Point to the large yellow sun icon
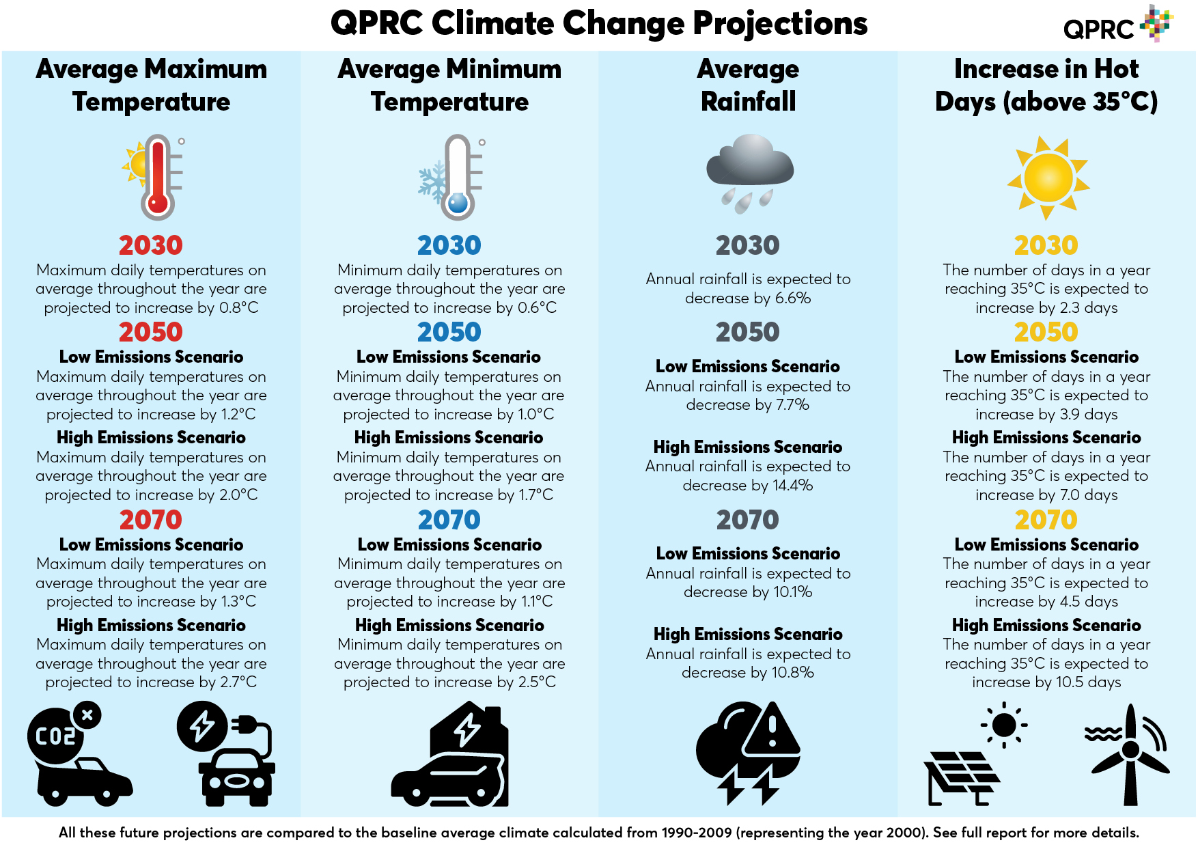point(1048,178)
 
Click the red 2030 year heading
point(150,245)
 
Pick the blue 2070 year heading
point(449,520)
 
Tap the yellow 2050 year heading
point(1046,332)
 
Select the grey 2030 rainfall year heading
point(747,245)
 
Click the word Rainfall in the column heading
point(748,102)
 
